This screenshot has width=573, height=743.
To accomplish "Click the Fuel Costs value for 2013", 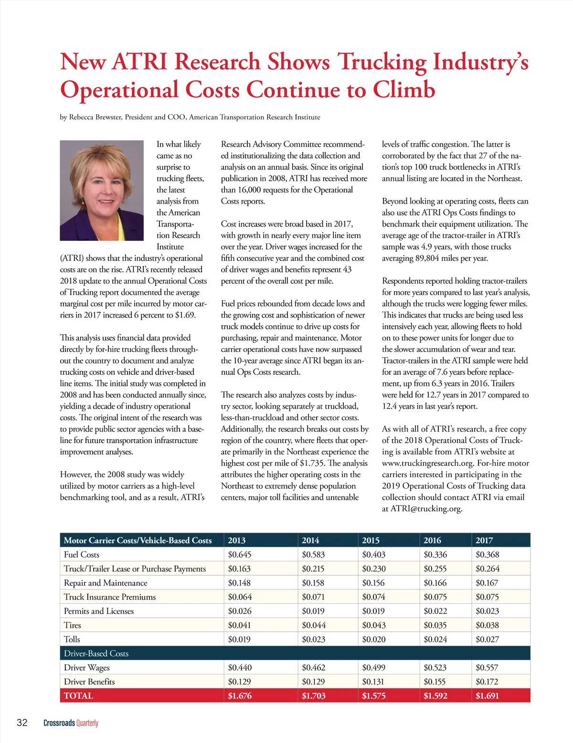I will pyautogui.click(x=239, y=555).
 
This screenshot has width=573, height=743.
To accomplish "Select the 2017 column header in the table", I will pyautogui.click(x=484, y=540).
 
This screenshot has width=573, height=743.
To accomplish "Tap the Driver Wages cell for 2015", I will pyautogui.click(x=373, y=668).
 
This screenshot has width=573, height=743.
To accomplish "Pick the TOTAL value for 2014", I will pyautogui.click(x=313, y=696).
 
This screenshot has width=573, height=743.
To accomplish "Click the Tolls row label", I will pyautogui.click(x=72, y=640).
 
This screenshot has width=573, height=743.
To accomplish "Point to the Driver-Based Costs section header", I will pyautogui.click(x=96, y=653).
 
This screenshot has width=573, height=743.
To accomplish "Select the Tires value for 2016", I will pyautogui.click(x=435, y=625).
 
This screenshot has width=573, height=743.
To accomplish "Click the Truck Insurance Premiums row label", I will pyautogui.click(x=110, y=597).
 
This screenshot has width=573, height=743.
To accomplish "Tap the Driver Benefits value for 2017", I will pyautogui.click(x=487, y=682).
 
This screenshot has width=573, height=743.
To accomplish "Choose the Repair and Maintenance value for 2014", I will pyautogui.click(x=313, y=583).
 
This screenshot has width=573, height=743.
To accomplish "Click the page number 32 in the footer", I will pyautogui.click(x=22, y=722).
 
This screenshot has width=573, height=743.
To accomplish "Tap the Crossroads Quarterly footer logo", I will pyautogui.click(x=71, y=723).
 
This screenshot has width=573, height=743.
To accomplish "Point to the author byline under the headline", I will pyautogui.click(x=190, y=117).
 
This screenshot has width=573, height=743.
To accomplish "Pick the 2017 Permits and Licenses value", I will pyautogui.click(x=487, y=611).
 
